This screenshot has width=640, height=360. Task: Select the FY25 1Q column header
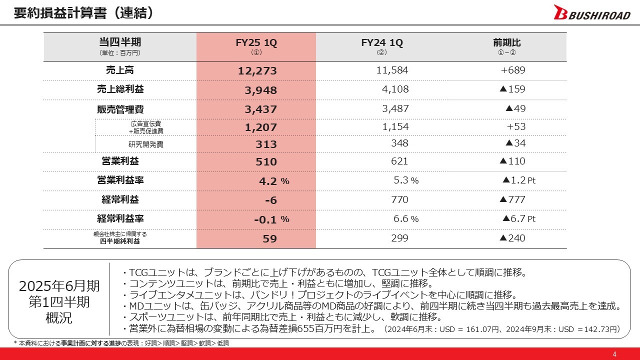point(256,43)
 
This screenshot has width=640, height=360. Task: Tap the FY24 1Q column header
point(382,43)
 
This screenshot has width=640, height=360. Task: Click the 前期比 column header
point(506,43)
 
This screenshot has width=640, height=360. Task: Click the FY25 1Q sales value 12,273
point(257,71)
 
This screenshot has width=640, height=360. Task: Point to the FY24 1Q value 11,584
point(392,70)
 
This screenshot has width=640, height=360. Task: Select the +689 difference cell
point(512,70)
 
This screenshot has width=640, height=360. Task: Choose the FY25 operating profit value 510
point(266,162)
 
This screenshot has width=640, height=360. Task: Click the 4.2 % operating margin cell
point(274,181)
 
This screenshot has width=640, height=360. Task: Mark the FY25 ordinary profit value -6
point(270,200)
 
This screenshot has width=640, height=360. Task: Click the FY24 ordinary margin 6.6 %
point(405,219)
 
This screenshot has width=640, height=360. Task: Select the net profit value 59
point(269,238)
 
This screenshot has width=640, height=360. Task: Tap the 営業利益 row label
point(120,161)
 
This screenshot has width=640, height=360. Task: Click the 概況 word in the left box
point(59,318)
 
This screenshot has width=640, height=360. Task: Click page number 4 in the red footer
point(615,354)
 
